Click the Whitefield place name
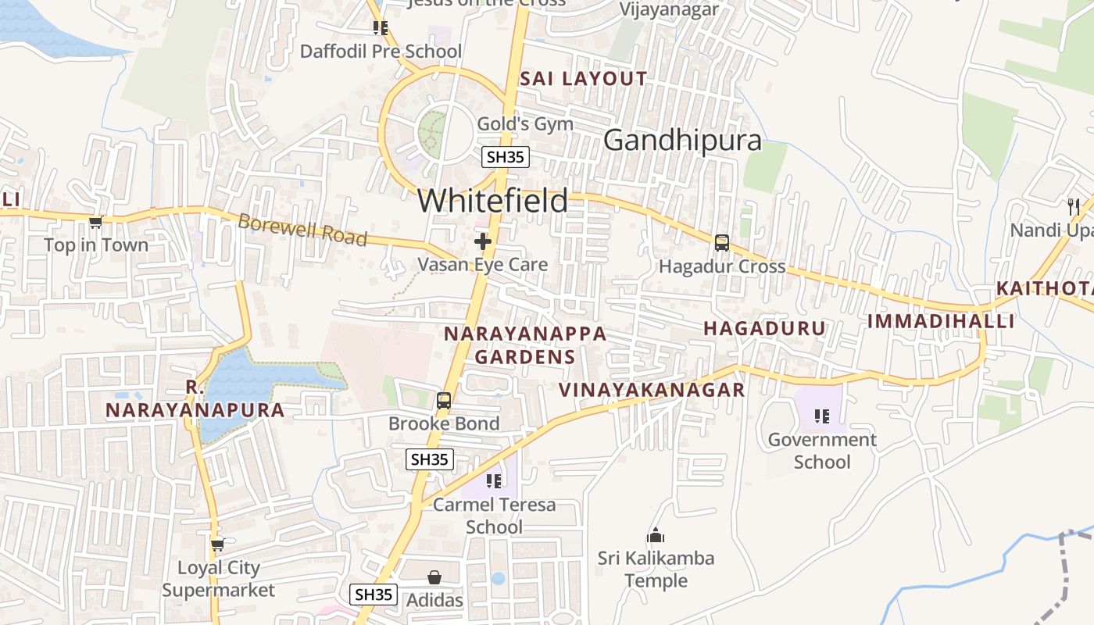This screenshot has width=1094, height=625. tap(492, 201)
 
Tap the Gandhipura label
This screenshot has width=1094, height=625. tap(682, 141)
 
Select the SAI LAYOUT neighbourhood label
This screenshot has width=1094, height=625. tap(583, 79)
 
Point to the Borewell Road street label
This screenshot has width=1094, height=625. tap(302, 230)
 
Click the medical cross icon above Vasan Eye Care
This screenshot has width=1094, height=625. tap(483, 241)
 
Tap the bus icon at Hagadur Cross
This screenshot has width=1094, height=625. tap(722, 243)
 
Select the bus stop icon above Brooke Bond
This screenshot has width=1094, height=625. tap(444, 402)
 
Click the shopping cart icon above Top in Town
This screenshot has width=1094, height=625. tap(96, 223)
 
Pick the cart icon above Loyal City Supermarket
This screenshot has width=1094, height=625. tap(218, 545)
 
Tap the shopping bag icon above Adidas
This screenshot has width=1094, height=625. tap(434, 577)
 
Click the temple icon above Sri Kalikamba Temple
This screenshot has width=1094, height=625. tap(656, 536)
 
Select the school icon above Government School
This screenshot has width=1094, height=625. tap(821, 416)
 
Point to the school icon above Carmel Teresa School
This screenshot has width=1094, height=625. tap(494, 481)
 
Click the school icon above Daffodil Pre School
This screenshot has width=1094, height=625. tap(381, 29)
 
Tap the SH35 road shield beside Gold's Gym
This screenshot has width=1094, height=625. tap(505, 157)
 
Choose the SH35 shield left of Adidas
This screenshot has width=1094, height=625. tap(374, 595)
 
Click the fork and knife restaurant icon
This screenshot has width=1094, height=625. tap(1074, 207)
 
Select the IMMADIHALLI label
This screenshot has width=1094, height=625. tap(941, 321)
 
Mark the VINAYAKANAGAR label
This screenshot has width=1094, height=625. tap(652, 390)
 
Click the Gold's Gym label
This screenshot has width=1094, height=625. tap(525, 124)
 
